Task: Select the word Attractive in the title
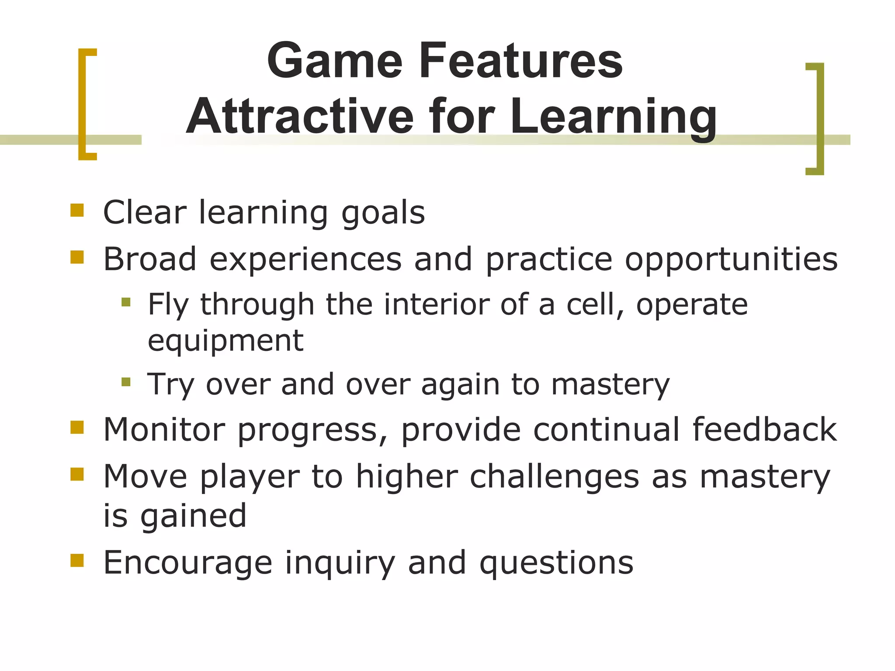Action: pos(300,117)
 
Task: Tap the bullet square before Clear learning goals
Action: pos(77,210)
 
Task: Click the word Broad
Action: pos(149,259)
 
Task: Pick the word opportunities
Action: pos(731,260)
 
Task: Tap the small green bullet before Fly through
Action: pos(126,302)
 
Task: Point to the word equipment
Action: pos(225,341)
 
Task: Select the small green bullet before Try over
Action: pos(126,382)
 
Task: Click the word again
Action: pos(460,385)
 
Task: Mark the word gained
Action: pos(194,516)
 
